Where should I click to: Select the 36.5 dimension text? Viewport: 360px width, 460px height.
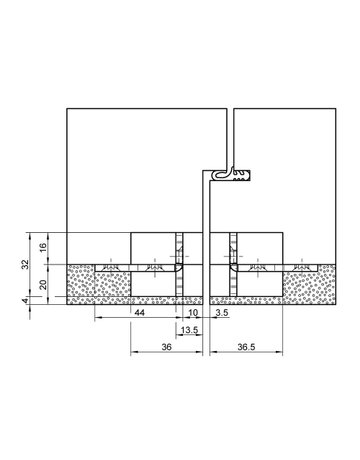[248, 347]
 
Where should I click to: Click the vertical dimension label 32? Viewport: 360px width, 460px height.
[25, 265]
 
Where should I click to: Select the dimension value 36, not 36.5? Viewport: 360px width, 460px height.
[167, 347]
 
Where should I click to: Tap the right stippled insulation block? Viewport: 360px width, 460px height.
[310, 285]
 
